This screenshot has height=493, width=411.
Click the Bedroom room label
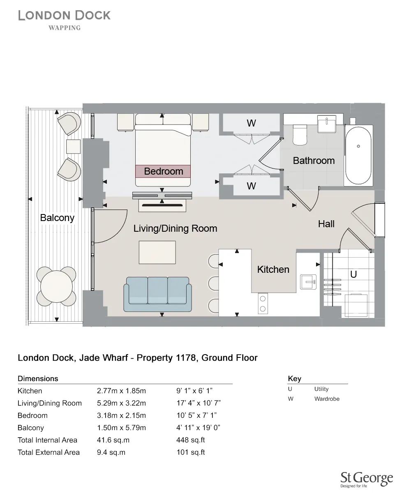coord(163,171)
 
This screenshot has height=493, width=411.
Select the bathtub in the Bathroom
coord(358,156)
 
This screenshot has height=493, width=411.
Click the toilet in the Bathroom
coord(300,135)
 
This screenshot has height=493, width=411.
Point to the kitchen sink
coord(308,282)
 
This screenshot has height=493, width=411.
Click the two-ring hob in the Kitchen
coord(263,303)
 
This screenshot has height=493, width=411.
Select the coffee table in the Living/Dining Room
coord(157,252)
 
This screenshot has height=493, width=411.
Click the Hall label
coord(326,224)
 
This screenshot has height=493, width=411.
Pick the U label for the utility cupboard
coord(353,274)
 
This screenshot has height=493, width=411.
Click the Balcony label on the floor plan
coord(57,218)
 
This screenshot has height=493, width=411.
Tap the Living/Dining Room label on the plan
coord(175,228)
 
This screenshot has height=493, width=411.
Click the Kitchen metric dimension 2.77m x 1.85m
coord(121,391)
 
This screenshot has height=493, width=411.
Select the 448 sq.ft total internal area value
coord(190,440)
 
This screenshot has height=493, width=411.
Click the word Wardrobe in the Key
coord(327,399)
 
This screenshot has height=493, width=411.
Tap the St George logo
coord(367,479)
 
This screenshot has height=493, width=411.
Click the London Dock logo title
coord(65,16)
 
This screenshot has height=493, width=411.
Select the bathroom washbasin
coord(327,123)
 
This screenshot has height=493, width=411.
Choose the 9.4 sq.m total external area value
coord(111,452)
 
